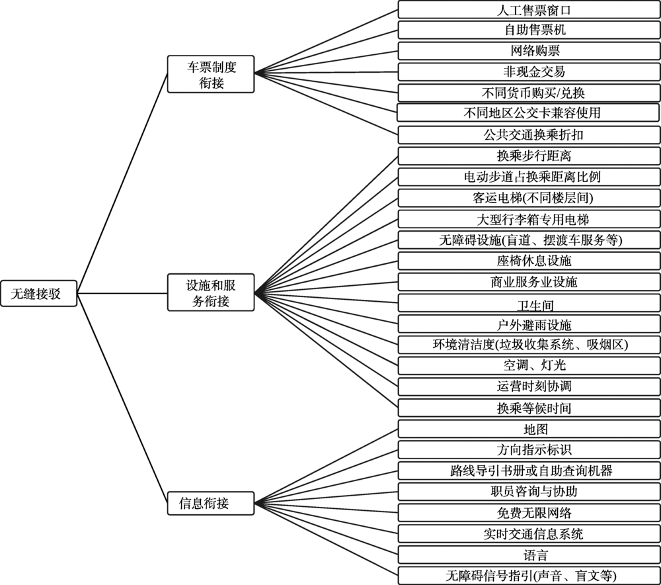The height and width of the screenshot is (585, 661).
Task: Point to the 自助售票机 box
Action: (529, 30)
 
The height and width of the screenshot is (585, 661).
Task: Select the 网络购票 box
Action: (529, 51)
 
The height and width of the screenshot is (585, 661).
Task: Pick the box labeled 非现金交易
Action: (529, 71)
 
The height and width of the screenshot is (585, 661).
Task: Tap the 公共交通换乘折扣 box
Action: (529, 135)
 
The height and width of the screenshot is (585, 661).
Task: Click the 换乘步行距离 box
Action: (529, 156)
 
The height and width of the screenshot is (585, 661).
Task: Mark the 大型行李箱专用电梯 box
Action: (529, 219)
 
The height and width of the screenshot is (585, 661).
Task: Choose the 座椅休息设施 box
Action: (529, 261)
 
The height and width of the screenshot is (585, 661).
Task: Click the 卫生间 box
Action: (529, 303)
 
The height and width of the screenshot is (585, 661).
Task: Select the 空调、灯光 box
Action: (529, 366)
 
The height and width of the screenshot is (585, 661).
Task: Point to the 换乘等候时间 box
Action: (529, 408)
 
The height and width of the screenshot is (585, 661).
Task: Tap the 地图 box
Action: (529, 429)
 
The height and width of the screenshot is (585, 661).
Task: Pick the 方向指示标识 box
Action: (529, 450)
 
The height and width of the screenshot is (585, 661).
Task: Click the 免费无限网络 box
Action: (529, 513)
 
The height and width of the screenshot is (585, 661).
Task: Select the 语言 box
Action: (529, 555)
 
